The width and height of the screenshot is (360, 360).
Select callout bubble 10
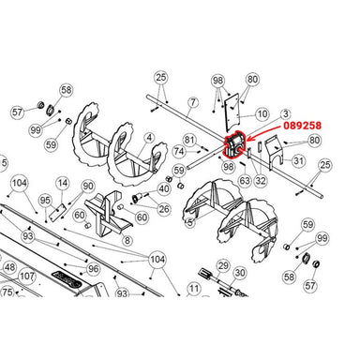[x=262, y=113]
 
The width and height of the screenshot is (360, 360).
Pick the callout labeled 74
[x=178, y=151]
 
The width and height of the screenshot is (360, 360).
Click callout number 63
[x=244, y=180]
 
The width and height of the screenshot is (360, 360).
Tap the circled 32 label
[x=260, y=180]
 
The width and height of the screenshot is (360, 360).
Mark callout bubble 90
[x=87, y=187]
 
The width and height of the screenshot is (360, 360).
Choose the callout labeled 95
[x=44, y=200]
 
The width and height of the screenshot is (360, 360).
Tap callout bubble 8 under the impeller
[x=127, y=240]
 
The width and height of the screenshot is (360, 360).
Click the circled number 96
[x=92, y=268]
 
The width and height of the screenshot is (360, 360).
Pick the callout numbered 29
[x=222, y=267]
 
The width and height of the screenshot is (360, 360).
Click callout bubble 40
[x=164, y=188]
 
